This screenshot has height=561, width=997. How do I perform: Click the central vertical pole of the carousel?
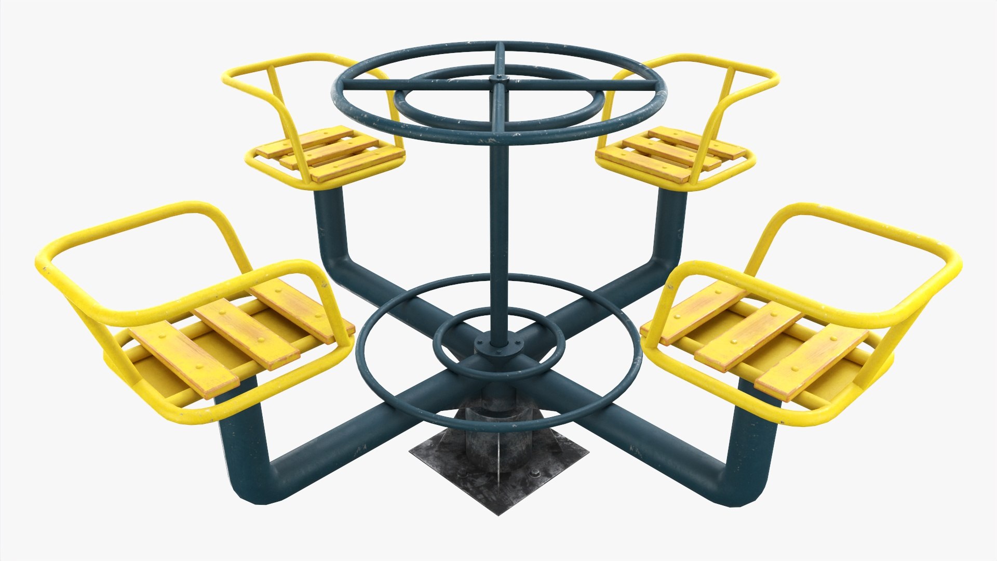pyautogui.click(x=497, y=218)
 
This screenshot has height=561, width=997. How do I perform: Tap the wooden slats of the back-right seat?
pyautogui.click(x=675, y=151)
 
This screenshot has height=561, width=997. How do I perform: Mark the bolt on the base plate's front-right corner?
pyautogui.click(x=535, y=473)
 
